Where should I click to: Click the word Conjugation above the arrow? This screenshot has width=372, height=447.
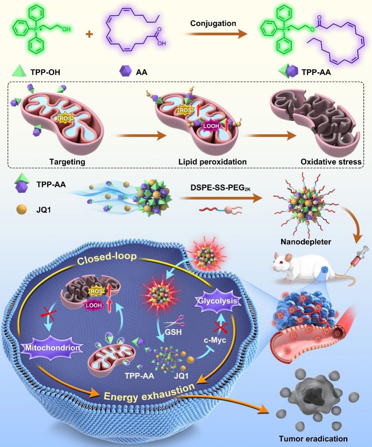click(x=213, y=23)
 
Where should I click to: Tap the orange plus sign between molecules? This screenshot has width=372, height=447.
click(x=89, y=34)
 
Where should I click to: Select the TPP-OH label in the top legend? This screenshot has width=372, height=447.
click(x=45, y=72)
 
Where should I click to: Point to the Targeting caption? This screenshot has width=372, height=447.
click(x=67, y=162)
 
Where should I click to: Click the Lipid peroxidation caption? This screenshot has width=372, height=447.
click(x=212, y=162)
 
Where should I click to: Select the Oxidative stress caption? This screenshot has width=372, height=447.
click(x=331, y=162)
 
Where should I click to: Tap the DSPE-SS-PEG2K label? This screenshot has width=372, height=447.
click(x=220, y=188)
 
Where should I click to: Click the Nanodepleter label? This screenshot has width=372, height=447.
click(x=306, y=242)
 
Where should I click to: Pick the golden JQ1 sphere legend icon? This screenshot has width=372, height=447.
click(x=21, y=210)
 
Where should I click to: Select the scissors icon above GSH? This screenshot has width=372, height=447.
click(x=175, y=322)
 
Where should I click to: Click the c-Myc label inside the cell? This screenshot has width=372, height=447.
click(x=215, y=340)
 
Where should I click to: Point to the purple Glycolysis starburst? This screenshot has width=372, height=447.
click(x=217, y=301)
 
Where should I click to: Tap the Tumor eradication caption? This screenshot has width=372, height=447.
click(x=313, y=439)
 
